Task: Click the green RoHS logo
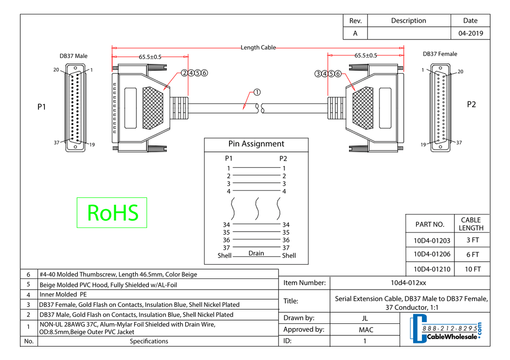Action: click(x=112, y=213)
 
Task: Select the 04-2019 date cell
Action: click(x=470, y=33)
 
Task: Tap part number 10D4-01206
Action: click(x=432, y=254)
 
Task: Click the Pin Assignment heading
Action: click(x=256, y=144)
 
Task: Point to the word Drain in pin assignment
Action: click(x=256, y=253)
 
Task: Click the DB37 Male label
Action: click(x=73, y=56)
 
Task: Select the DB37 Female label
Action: click(x=440, y=54)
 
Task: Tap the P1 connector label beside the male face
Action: click(x=42, y=107)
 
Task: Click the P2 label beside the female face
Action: click(x=471, y=105)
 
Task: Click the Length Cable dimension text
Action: click(x=258, y=47)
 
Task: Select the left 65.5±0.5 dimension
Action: click(x=150, y=57)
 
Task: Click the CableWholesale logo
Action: click(x=446, y=329)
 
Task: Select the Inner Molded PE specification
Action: click(x=63, y=295)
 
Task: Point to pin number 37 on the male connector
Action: click(x=57, y=143)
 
